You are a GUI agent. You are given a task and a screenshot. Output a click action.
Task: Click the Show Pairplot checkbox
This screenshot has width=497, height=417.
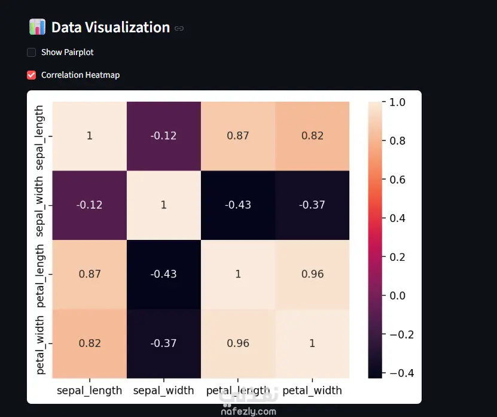(31, 52)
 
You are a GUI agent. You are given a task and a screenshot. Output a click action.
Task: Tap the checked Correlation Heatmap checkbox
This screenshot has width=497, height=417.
(31, 75)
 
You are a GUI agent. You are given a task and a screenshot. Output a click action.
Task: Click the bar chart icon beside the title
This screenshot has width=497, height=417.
(38, 27)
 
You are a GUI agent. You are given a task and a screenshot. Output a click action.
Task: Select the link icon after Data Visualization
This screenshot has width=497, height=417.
(179, 29)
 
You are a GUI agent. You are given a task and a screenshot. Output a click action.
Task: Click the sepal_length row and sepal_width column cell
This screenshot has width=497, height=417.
(164, 136)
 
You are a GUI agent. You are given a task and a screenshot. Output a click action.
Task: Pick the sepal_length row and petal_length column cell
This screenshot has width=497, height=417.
(238, 136)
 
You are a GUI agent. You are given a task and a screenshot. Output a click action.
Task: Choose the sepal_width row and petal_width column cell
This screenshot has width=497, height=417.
(312, 205)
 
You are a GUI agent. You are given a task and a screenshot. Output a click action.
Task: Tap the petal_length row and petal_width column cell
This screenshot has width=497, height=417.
(312, 274)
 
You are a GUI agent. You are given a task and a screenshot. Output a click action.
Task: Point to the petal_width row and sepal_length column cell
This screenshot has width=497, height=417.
(90, 344)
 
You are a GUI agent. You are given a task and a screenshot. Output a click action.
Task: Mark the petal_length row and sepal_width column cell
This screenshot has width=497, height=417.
(164, 274)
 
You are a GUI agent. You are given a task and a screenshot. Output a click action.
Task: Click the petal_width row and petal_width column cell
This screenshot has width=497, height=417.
(312, 344)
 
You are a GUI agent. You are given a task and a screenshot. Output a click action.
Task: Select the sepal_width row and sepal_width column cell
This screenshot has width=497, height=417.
(164, 205)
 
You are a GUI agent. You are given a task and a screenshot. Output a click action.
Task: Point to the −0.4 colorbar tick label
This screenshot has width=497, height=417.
(401, 373)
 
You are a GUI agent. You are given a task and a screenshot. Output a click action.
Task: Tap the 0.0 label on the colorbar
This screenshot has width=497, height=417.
(398, 296)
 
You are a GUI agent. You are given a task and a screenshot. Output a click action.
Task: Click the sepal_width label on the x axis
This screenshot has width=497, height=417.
(163, 391)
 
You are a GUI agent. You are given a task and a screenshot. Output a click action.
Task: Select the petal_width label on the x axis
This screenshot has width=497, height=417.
(312, 391)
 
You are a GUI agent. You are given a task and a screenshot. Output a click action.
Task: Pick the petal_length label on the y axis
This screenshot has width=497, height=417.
(39, 276)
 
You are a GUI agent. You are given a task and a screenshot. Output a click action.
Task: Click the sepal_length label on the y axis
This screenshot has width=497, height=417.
(39, 138)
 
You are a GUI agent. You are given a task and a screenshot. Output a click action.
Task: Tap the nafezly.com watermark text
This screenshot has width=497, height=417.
(249, 412)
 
